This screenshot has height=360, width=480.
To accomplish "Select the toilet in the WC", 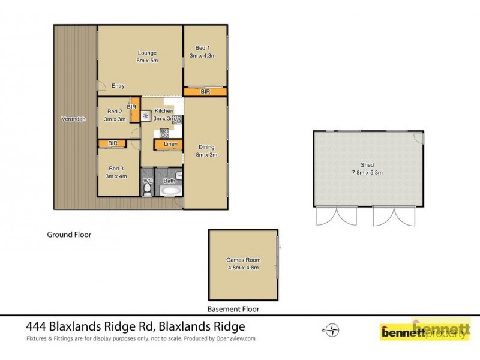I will click(x=148, y=190).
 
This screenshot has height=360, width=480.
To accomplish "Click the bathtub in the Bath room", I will click(x=170, y=193).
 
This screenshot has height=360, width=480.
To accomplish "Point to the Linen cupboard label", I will click(x=170, y=144).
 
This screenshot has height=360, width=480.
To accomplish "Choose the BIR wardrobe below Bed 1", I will click(x=205, y=92).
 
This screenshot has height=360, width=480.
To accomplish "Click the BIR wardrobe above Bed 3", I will click(x=113, y=143).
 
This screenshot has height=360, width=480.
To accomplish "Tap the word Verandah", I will click(x=73, y=119).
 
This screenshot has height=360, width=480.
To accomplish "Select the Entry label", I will click(x=118, y=86).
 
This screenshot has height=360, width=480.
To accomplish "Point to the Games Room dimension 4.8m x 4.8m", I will click(x=242, y=268).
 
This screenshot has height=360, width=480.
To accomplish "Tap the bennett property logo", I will click(x=425, y=331).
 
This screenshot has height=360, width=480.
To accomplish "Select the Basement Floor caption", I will click(x=233, y=310).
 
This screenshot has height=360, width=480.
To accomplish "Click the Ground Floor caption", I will click(x=69, y=235).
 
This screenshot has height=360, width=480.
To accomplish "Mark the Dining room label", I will click(x=206, y=147).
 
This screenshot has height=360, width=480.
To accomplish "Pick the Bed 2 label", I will click(x=115, y=111).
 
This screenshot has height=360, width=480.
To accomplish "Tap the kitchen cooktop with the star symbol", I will click(x=145, y=115).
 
